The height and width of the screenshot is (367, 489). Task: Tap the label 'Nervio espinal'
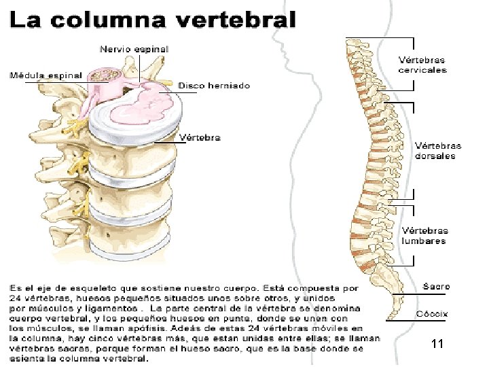tap(134, 49)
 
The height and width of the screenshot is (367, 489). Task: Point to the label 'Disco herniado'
tap(214, 86)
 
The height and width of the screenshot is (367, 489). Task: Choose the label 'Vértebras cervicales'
tap(422, 65)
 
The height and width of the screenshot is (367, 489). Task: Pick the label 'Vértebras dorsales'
tap(437, 150)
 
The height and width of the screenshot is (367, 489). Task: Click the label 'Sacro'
tap(436, 286)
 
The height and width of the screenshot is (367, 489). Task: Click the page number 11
tap(437, 345)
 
